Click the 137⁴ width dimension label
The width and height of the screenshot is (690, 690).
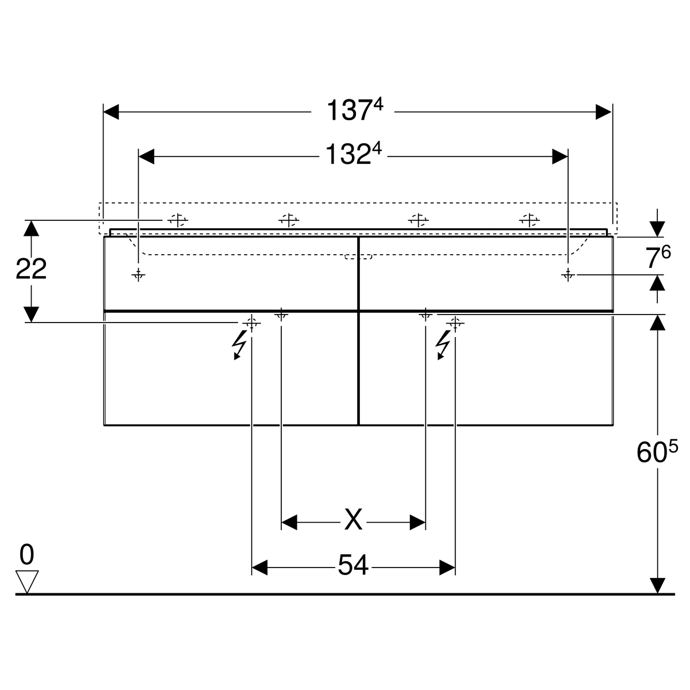tap(355, 110)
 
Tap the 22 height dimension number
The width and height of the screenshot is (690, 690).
tap(31, 269)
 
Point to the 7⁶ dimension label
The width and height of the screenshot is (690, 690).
tap(658, 256)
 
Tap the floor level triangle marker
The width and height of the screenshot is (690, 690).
tap(27, 582)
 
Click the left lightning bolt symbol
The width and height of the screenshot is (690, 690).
tap(239, 344)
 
